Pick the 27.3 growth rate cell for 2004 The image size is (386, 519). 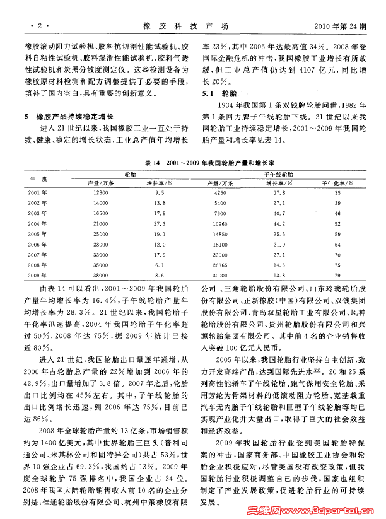[x=160, y=223]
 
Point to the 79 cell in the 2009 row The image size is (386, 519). [x=337, y=276]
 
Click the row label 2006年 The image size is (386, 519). [x=37, y=244]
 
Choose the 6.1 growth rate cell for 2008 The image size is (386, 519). [x=160, y=265]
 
